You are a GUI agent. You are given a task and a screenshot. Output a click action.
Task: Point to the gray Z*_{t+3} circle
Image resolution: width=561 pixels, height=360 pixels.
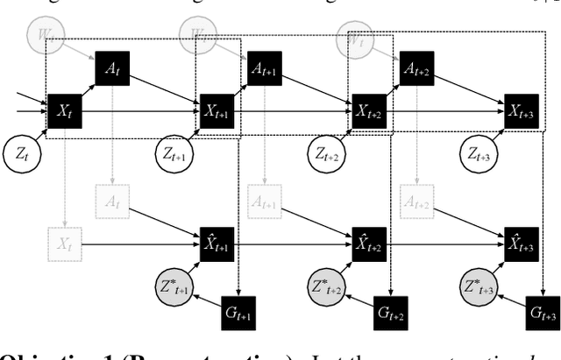(480, 286)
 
